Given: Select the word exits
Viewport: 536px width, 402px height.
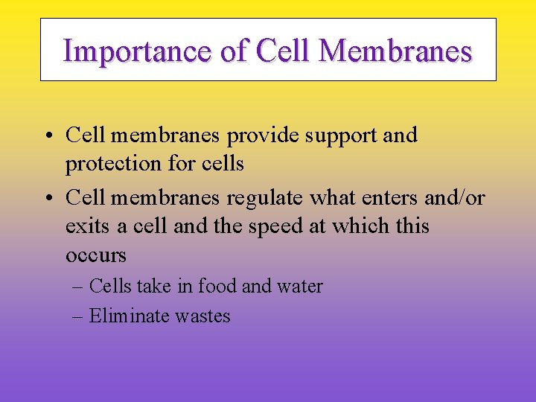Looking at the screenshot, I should [86, 226].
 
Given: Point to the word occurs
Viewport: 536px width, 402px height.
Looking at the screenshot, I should [96, 255].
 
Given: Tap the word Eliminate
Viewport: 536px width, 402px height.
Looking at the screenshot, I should [129, 316].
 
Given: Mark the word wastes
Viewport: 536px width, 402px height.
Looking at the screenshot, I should [202, 316].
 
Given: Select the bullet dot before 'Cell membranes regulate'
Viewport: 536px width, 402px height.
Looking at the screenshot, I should [47, 199].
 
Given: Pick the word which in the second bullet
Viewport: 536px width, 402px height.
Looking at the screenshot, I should [369, 226].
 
